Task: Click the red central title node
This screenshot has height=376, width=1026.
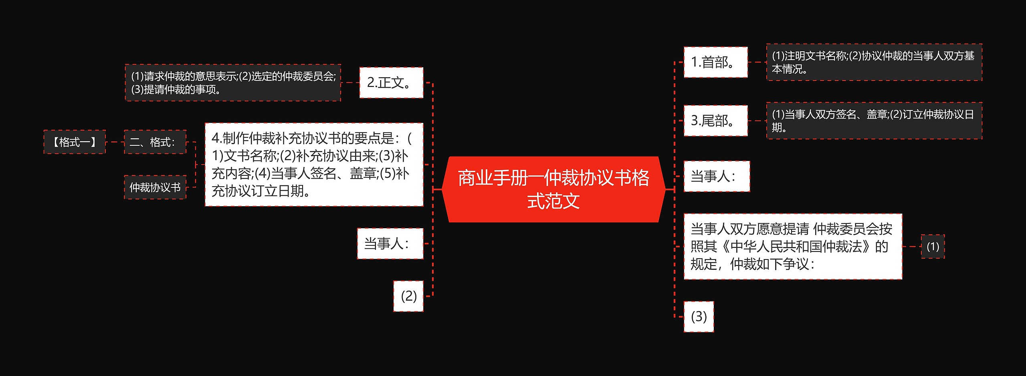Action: click(x=553, y=189)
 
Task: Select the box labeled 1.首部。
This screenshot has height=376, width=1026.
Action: click(x=715, y=62)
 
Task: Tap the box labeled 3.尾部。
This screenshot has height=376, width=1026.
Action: click(x=715, y=121)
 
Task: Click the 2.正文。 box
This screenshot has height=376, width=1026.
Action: click(x=391, y=82)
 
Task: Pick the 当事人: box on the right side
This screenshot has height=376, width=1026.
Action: click(x=716, y=176)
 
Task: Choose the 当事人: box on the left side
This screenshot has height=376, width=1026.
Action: click(x=390, y=243)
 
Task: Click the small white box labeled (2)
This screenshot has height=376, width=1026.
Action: click(x=408, y=296)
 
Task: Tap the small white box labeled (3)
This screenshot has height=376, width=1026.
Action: click(x=699, y=317)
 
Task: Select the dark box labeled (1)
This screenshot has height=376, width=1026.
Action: click(x=933, y=247)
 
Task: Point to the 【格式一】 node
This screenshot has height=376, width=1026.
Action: click(x=75, y=142)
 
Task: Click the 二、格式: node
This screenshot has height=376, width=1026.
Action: click(x=155, y=142)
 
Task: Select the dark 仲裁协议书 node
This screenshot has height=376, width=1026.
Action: click(x=155, y=187)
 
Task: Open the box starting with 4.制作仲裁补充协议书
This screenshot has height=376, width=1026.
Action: click(x=314, y=165)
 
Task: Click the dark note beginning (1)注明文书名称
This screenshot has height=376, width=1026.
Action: click(x=874, y=62)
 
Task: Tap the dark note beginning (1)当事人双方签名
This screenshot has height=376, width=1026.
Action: click(x=874, y=121)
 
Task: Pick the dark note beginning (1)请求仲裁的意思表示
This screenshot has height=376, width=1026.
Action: click(x=233, y=82)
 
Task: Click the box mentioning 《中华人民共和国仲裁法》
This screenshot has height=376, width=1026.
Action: click(x=793, y=247)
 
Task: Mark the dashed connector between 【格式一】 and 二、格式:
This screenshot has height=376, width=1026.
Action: click(x=115, y=142)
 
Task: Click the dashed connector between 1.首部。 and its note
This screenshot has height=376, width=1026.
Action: click(x=757, y=62)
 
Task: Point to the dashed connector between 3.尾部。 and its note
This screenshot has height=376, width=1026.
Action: click(x=757, y=121)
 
